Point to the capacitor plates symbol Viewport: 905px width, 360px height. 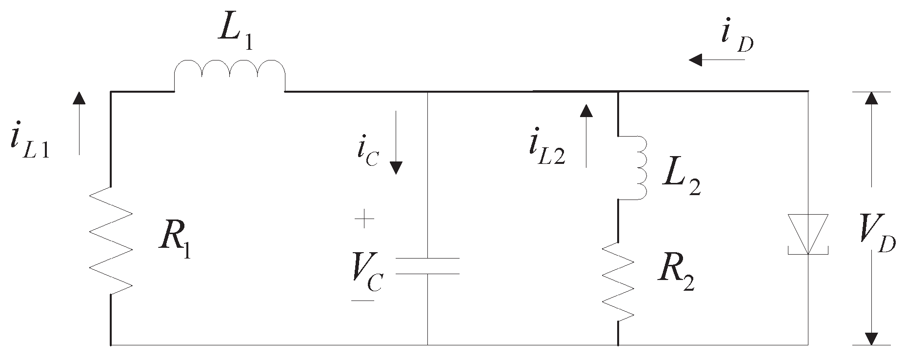point(427,265)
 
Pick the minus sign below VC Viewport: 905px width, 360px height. point(362,300)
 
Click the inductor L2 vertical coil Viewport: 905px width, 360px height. point(634,167)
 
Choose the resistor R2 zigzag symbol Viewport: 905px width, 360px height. point(619,282)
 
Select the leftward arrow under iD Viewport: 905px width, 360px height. point(717,60)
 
